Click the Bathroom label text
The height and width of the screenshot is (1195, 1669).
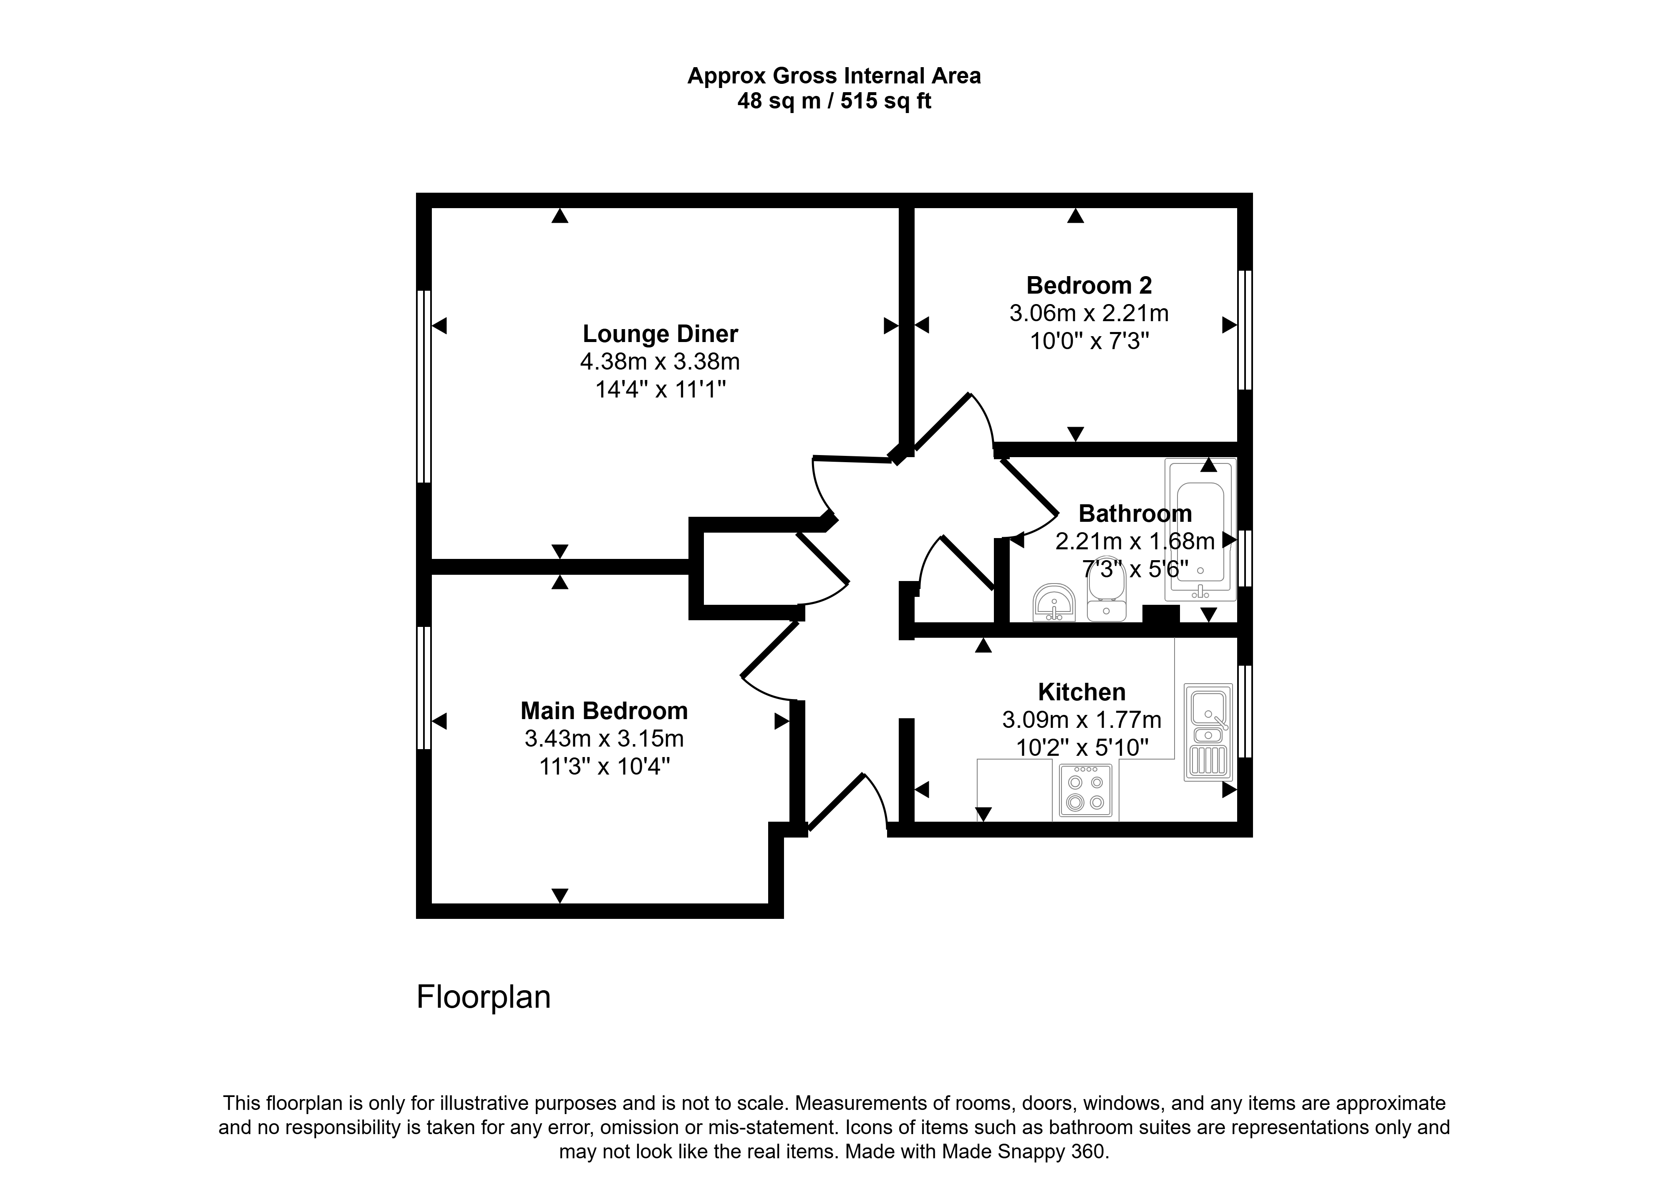point(1135,513)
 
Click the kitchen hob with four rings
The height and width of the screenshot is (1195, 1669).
point(1085,791)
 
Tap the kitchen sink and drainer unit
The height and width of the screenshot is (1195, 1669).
point(1208,732)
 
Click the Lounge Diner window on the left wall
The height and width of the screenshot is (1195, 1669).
point(424,386)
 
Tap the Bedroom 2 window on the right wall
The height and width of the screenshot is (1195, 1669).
point(1244,330)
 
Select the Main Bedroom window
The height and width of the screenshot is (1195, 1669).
point(424,687)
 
